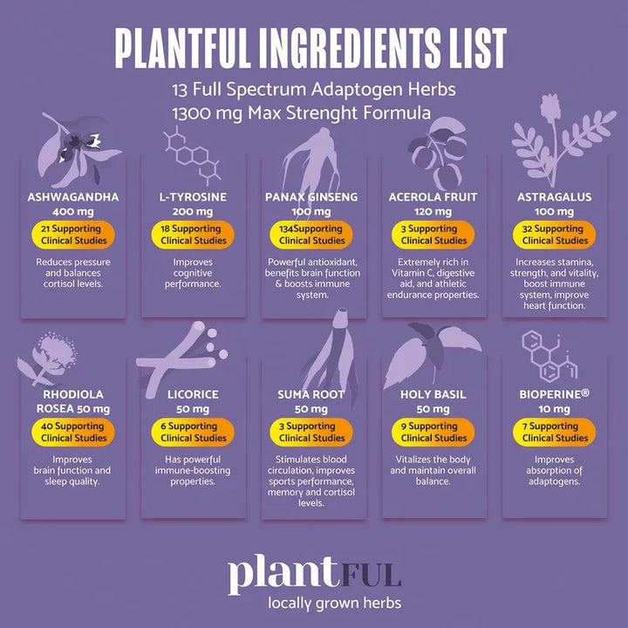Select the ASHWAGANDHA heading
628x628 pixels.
tap(73, 197)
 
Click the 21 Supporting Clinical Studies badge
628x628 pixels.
tap(73, 235)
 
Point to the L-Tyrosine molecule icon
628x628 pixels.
tap(193, 155)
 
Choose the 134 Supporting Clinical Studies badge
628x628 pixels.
tap(311, 235)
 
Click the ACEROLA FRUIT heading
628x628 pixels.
tap(433, 197)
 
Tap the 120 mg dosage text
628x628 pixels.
tap(433, 211)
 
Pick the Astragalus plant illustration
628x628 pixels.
tap(563, 140)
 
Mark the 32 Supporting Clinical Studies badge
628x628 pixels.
tap(555, 235)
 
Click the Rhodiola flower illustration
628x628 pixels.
tap(47, 358)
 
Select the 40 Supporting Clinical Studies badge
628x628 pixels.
tap(73, 432)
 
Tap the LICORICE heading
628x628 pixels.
tap(193, 394)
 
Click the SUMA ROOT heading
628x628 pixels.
tap(311, 394)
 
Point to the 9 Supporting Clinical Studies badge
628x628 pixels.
tap(433, 432)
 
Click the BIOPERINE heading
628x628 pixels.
tap(555, 394)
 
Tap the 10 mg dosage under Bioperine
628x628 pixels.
tap(555, 409)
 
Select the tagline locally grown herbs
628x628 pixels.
tap(334, 603)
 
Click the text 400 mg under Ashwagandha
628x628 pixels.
tap(73, 211)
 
